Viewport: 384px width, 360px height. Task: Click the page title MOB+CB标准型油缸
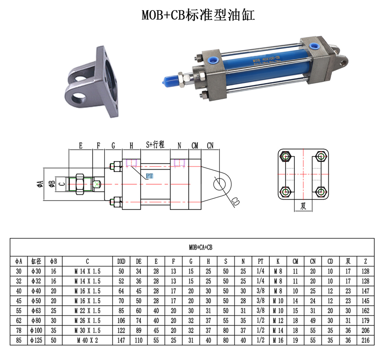tap(198, 15)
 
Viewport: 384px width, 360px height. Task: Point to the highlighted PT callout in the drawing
tap(149, 176)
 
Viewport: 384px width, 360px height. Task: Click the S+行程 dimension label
tap(155, 144)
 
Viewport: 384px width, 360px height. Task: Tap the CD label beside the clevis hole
tap(235, 202)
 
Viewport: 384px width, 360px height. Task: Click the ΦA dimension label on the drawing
tap(40, 184)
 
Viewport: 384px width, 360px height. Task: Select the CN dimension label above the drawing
tap(210, 146)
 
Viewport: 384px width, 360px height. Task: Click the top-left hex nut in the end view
tap(285, 156)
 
